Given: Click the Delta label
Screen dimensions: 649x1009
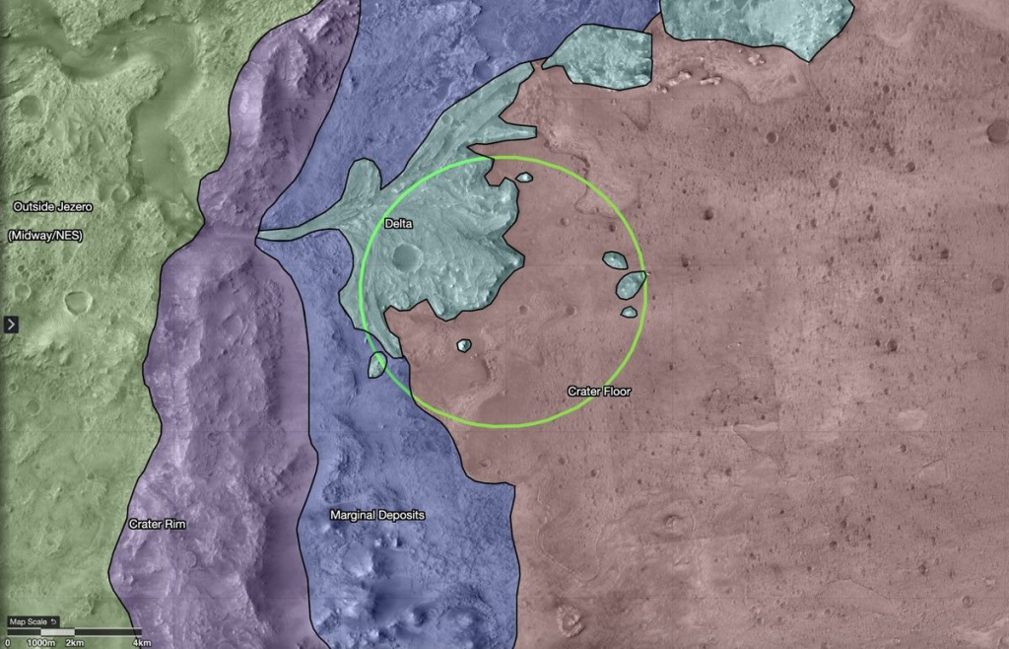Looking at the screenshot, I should click(x=399, y=224).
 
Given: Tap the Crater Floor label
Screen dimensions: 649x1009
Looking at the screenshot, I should click(x=599, y=392).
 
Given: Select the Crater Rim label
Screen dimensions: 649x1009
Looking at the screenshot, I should click(x=158, y=524).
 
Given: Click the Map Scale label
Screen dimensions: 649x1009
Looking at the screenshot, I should click(x=28, y=621).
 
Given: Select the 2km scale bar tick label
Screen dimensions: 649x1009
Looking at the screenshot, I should click(x=75, y=642).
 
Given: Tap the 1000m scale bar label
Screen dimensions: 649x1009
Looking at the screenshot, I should click(x=40, y=642).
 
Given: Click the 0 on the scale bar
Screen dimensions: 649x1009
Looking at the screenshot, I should click(x=8, y=642).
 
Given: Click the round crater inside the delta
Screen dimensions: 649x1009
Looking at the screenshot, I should click(x=405, y=258).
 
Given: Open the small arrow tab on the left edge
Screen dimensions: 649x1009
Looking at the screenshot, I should click(x=11, y=324).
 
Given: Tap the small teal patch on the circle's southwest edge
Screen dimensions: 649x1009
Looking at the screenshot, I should click(x=375, y=365).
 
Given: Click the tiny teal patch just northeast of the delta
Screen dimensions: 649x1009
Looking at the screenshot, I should click(x=524, y=179).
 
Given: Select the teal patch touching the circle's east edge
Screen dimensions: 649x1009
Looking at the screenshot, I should click(x=631, y=285).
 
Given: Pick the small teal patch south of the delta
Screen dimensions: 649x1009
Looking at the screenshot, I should click(x=464, y=345).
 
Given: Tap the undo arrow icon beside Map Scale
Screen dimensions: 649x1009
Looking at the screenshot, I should click(x=55, y=621).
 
